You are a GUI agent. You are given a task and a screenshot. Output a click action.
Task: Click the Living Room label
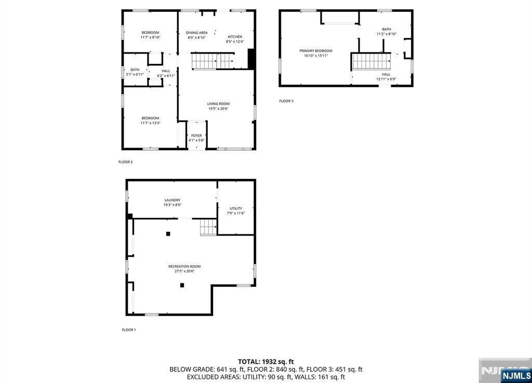coord(218,104)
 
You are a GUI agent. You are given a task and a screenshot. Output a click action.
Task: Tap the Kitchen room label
coord(235,37)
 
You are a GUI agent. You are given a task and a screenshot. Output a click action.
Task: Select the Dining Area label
coord(197,33)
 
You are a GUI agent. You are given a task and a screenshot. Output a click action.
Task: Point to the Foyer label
coord(196,135)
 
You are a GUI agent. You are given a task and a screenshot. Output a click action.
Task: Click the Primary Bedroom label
coord(316,51)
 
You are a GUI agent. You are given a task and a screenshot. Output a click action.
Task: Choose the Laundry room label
coord(172,200)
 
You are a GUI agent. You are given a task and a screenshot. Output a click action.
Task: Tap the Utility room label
coord(236,208)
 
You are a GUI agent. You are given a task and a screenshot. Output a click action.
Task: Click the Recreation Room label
coord(184,266)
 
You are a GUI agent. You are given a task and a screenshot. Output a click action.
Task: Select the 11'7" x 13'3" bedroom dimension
coord(150,123)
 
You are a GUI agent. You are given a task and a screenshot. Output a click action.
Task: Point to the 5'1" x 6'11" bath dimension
coord(135,74)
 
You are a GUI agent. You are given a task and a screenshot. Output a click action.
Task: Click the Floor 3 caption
coord(286,101)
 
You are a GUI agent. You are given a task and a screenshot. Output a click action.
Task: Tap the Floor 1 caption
coord(129,330)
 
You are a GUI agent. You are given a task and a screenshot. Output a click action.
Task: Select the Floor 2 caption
coord(126,162)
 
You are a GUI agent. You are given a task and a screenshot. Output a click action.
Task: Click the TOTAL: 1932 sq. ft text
coord(265,362)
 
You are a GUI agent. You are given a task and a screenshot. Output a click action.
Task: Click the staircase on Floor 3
coord(371,61)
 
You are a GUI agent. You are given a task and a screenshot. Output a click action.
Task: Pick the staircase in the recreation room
coord(208,227)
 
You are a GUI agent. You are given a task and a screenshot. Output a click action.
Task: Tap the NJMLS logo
coord(516,376)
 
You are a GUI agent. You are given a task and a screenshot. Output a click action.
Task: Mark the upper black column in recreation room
coord(168,234)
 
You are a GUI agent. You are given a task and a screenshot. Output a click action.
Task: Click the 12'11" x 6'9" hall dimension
coord(386,79)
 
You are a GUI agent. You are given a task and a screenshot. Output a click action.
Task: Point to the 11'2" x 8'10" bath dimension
coord(387,34)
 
